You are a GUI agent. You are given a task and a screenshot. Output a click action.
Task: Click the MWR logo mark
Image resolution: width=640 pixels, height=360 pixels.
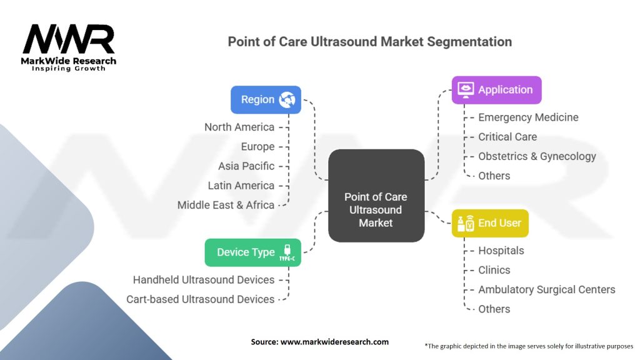coord(69,39)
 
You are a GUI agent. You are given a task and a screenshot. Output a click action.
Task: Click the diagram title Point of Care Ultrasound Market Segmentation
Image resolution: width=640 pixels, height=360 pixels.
coord(369,42)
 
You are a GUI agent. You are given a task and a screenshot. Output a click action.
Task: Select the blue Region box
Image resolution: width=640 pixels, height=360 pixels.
coord(266,99)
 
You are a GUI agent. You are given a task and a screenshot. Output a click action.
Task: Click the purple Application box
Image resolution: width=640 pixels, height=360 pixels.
coord(496,90)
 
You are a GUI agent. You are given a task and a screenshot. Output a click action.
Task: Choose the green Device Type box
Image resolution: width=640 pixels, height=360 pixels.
coord(252,252)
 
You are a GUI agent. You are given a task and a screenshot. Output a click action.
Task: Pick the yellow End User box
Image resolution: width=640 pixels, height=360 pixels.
coord(490,223)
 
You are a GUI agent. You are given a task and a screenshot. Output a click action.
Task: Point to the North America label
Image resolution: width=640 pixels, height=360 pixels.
coord(239,127)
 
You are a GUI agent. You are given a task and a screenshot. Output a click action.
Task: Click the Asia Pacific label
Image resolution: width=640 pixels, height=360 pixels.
coord(246,166)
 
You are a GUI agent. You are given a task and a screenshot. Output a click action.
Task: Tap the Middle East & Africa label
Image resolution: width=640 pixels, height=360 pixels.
coord(226,205)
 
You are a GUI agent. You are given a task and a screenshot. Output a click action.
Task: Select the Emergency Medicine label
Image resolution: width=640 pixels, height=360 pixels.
coord(528,117)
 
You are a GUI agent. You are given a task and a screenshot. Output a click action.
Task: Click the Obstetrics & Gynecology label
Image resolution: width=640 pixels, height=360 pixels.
coord(537,156)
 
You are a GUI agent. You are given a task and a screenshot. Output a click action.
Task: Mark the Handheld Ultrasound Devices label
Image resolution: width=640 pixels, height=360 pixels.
coord(204,279)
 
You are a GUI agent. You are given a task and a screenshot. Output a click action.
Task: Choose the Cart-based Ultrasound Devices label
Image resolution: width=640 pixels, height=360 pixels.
coord(200,299)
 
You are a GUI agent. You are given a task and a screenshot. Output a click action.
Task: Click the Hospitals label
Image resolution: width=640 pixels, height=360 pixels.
coord(501,251)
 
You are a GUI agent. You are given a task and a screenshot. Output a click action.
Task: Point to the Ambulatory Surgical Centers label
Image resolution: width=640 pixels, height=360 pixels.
coord(546,289)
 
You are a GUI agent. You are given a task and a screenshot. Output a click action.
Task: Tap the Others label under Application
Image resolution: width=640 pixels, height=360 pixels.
coord(494,176)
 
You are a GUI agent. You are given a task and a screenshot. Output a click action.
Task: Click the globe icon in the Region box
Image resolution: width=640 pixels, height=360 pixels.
coord(288,99)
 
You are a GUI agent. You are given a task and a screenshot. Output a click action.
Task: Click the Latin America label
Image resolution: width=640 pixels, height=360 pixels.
coord(241,186)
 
